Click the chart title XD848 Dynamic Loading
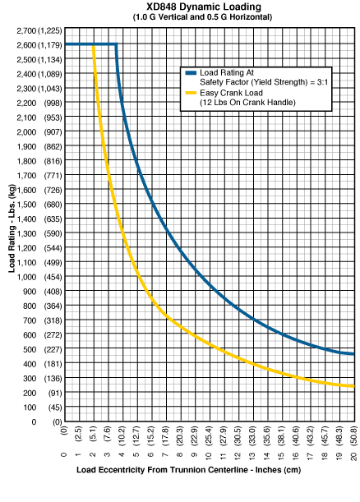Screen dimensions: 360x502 pos(204,7)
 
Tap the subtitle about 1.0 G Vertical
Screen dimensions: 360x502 pos(202,17)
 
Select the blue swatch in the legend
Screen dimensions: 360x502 pos(191,73)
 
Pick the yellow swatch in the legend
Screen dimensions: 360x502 pos(191,93)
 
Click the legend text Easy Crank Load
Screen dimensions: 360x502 pos(231,93)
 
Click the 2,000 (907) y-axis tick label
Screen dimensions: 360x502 pos(39,132)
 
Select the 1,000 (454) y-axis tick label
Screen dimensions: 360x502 pos(39,277)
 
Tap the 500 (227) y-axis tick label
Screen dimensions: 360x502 pos(42,349)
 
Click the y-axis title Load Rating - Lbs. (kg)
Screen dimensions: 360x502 pos(12,228)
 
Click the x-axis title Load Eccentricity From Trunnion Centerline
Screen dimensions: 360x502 pos(188,470)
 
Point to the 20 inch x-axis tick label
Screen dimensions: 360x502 pos(354,457)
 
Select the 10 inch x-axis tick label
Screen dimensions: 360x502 pos(209,457)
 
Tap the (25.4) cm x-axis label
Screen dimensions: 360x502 pos(209,435)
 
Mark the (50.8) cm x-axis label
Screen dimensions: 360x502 pos(354,435)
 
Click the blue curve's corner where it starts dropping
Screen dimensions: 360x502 pos(116,44)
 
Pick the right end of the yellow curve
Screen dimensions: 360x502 pos(354,386)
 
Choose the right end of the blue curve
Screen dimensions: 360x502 pos(354,354)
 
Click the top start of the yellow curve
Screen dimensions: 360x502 pos(94,45)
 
